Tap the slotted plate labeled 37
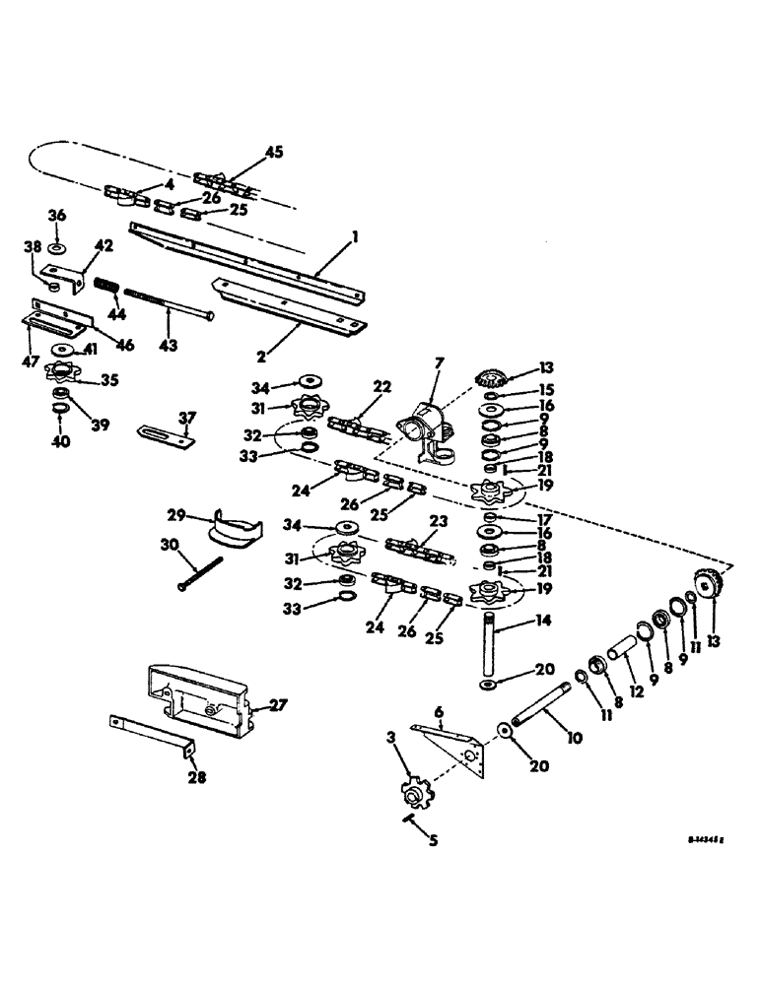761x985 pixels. pos(165,433)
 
